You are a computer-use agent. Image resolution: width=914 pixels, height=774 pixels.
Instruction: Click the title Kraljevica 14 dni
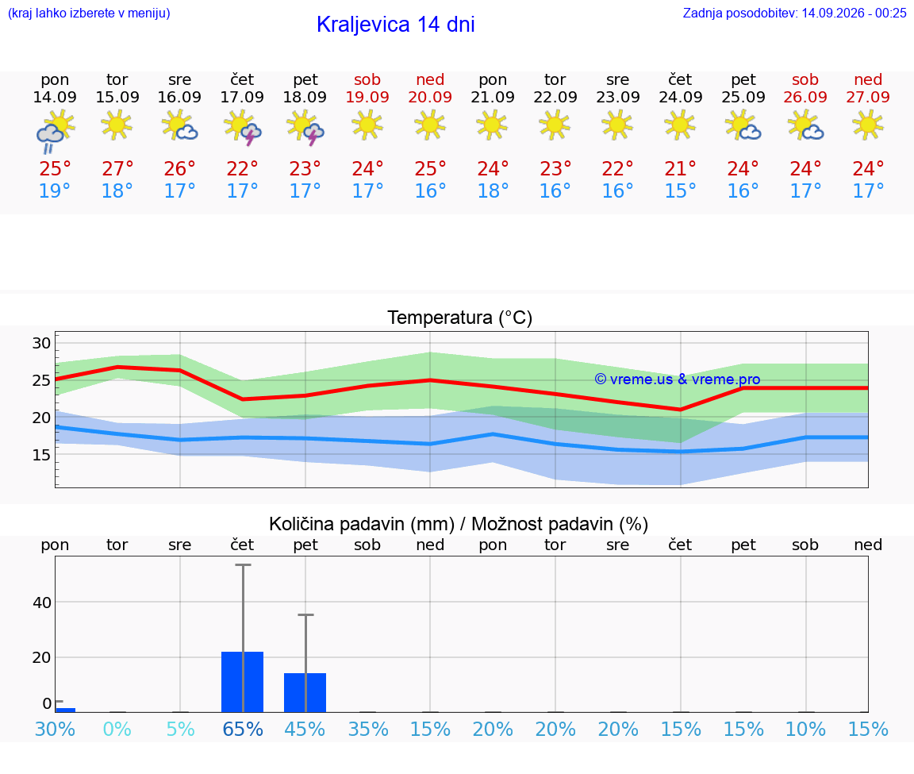(x=396, y=25)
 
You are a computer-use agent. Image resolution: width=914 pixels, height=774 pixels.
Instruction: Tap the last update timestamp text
(x=794, y=13)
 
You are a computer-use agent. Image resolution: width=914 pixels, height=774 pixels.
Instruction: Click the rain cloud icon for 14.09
(x=55, y=132)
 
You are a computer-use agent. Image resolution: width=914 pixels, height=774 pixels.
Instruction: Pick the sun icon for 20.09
(x=430, y=125)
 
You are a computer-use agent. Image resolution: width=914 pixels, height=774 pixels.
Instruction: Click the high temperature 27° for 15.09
(x=117, y=168)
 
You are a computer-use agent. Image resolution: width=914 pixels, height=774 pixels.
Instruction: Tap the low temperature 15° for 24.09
(x=680, y=191)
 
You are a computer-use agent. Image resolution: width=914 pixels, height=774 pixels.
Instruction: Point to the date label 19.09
(x=367, y=97)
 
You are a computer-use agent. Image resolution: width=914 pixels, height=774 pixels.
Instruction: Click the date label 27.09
(x=868, y=97)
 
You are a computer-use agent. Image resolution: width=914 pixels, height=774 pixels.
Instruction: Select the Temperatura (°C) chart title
(x=460, y=318)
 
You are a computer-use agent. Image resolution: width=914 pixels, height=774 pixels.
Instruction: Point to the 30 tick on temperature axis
(x=41, y=343)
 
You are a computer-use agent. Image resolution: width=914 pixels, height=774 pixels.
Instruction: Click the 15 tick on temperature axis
(x=41, y=455)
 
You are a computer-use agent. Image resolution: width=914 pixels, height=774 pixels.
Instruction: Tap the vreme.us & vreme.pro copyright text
(x=678, y=379)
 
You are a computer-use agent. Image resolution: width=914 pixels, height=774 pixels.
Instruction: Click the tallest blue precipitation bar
(x=243, y=682)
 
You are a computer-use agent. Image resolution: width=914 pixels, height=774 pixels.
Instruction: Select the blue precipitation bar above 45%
(x=305, y=692)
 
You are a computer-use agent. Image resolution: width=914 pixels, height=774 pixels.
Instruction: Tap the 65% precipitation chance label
(x=243, y=729)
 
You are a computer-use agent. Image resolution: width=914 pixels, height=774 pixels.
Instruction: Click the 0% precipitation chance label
(x=117, y=729)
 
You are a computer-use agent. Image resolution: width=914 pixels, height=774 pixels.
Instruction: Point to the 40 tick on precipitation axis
(x=42, y=603)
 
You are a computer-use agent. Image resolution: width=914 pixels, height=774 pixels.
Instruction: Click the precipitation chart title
(x=459, y=524)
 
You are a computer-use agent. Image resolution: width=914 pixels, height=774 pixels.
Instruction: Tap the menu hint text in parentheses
(x=89, y=13)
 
